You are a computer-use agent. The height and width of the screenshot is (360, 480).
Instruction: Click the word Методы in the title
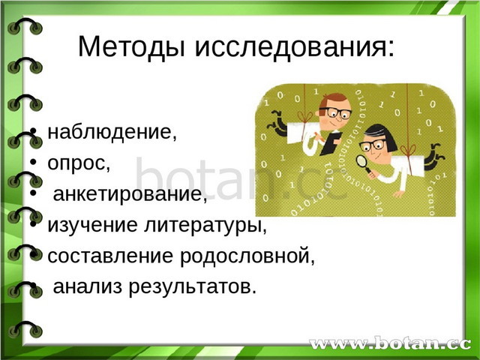pos(132,46)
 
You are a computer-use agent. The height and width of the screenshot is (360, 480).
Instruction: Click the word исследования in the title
pos(295,46)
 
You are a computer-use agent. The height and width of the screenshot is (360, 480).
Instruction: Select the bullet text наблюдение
pos(112,132)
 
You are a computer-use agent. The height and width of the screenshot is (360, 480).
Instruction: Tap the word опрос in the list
pos(79,163)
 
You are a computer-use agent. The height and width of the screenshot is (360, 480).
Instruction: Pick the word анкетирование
pos(130,194)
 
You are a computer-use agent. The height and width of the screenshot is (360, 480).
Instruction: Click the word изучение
pos(93,225)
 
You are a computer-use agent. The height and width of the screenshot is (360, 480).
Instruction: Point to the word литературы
pos(205,225)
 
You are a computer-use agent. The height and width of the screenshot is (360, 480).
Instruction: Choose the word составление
pos(110,256)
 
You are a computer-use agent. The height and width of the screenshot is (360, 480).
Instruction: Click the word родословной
pos(247,255)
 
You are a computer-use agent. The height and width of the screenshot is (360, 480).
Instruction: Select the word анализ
pos(88,286)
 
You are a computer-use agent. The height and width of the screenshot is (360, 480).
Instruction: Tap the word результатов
pos(192,287)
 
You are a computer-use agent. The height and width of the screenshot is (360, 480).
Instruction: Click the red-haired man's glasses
pos(336,112)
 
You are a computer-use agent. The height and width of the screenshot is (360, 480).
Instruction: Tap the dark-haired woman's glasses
pos(372,145)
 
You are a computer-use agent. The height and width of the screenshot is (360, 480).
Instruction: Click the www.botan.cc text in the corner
pos(390,343)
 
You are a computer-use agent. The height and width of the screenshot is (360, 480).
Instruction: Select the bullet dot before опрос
pos(33,162)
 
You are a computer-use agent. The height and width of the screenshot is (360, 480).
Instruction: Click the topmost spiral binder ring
pos(25,26)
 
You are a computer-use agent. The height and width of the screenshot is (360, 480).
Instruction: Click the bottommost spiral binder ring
pos(25,329)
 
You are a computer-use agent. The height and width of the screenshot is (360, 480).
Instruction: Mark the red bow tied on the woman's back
pos(408,150)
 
